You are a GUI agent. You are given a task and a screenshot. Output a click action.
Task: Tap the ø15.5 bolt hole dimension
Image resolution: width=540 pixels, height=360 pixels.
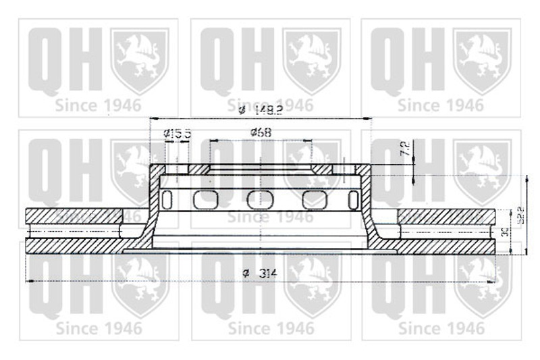178,134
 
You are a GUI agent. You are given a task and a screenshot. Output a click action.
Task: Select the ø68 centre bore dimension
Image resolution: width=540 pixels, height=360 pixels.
260,132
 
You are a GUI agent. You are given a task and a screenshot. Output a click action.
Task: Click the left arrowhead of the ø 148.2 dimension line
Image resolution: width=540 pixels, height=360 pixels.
151,119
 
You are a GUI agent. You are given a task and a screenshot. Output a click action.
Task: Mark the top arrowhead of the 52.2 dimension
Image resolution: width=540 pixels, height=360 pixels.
524,178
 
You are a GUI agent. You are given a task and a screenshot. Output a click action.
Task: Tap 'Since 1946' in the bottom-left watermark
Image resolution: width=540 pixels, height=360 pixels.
99,329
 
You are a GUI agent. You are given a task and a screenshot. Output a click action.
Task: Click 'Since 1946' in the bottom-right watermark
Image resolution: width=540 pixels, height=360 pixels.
441,329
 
